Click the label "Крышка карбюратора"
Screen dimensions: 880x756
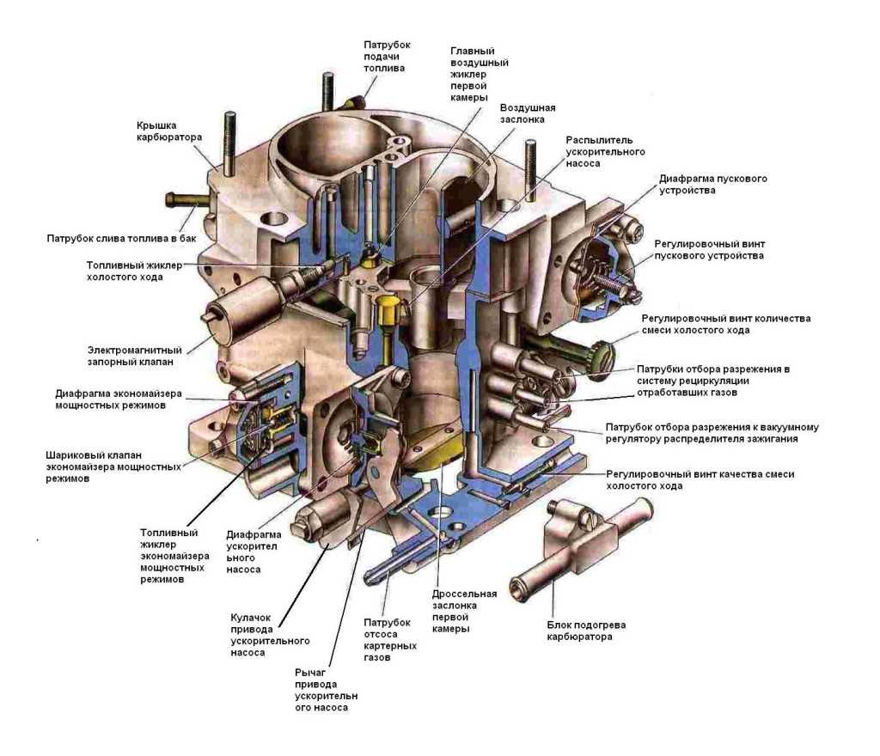[169, 131]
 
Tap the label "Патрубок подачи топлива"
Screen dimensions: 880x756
[387, 56]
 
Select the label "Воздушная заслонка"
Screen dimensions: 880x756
[528, 113]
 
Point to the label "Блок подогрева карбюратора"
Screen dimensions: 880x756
[586, 631]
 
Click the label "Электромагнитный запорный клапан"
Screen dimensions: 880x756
[134, 357]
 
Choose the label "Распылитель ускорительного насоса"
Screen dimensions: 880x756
[605, 151]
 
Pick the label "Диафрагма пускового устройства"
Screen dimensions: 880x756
[712, 185]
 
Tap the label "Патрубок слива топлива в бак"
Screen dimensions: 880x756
[122, 238]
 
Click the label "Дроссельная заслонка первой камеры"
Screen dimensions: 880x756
[464, 612]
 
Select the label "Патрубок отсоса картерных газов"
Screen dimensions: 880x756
[390, 640]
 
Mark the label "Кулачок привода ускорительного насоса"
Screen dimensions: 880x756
[270, 636]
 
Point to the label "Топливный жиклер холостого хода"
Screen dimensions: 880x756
[134, 271]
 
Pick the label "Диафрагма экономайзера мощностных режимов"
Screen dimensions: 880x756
[119, 399]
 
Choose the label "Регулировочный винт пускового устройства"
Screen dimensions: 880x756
[709, 250]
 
